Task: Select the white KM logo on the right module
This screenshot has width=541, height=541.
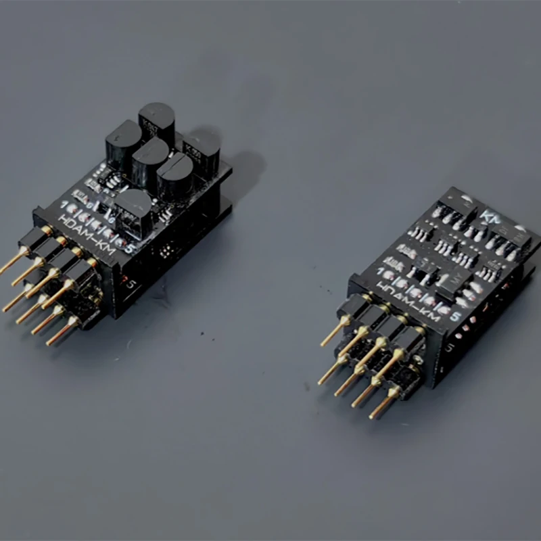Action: [x=488, y=218]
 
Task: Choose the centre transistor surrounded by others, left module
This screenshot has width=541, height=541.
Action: [x=149, y=161]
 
